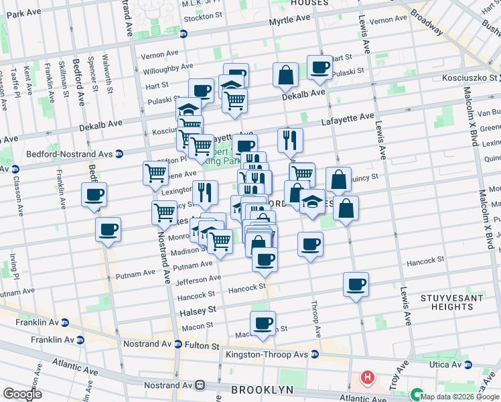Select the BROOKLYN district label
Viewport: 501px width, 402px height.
(263, 390)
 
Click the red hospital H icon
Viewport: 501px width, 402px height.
(367, 378)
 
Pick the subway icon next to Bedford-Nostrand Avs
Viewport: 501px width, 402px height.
(119, 153)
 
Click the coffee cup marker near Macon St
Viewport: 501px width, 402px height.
(263, 323)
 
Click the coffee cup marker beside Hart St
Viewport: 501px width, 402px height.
(319, 67)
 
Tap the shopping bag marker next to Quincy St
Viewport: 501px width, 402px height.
(338, 180)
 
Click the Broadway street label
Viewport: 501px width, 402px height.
(426, 21)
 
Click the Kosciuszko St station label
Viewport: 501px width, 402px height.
(462, 78)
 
